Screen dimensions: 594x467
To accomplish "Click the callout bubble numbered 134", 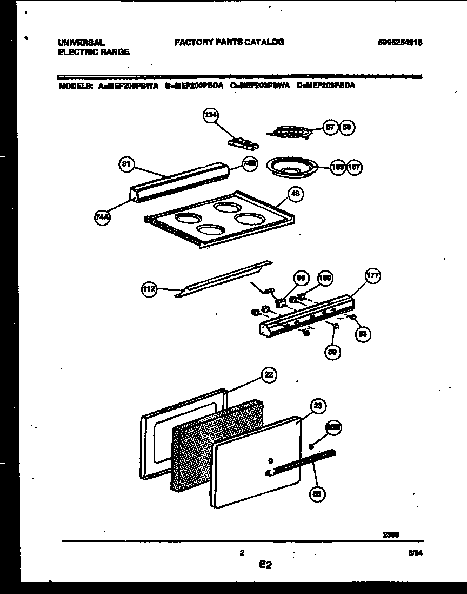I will [210, 115].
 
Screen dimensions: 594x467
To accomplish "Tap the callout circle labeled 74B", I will [249, 164].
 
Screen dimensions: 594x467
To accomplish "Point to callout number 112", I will [149, 289].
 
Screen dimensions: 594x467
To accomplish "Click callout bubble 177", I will [372, 276].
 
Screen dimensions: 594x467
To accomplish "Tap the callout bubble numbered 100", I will [325, 278].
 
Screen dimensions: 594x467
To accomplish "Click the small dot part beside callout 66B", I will [311, 446].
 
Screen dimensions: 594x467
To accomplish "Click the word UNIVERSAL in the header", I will [81, 42].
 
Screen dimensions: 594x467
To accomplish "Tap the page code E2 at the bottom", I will [265, 565].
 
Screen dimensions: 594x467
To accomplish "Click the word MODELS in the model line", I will [75, 85].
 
